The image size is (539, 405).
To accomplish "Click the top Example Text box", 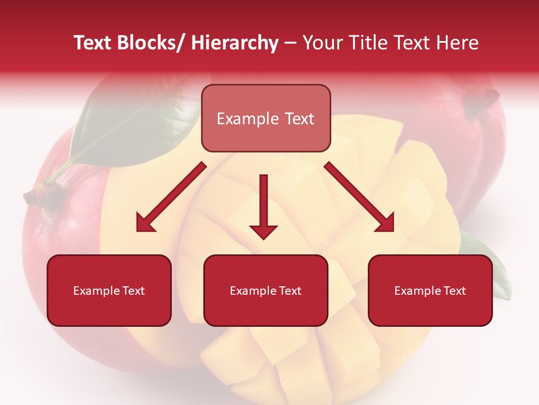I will click(x=266, y=118).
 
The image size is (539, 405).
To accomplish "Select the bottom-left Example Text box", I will click(x=109, y=290).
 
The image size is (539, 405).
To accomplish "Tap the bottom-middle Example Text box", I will click(x=266, y=290).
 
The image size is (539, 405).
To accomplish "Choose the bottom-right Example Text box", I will click(x=430, y=290).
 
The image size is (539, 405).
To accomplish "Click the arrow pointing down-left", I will click(x=170, y=197).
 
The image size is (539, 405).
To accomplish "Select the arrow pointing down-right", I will click(x=360, y=197).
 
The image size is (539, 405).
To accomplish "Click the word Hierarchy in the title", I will click(x=235, y=43).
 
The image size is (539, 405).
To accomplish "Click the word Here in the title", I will click(x=458, y=43).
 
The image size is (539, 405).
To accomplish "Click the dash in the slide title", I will click(x=290, y=43).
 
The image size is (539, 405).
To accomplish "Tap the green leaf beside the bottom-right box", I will click(x=494, y=264).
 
